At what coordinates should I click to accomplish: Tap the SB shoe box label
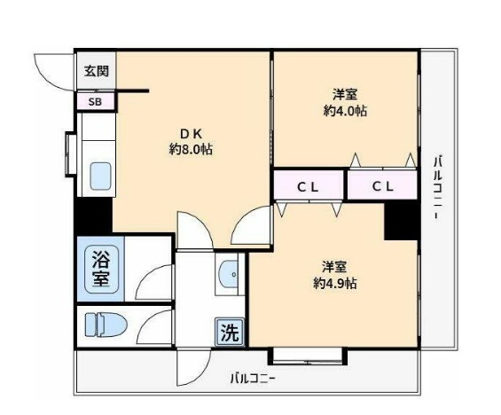tap(94, 101)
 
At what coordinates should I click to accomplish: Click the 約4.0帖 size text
tap(346, 111)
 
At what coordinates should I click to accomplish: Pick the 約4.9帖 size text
tap(334, 284)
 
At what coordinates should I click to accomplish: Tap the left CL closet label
tap(308, 186)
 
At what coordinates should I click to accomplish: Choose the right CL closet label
tap(382, 186)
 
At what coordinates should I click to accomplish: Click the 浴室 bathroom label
tap(98, 269)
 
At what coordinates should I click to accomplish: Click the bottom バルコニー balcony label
tap(253, 379)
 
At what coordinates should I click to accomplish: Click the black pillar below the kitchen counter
tap(93, 215)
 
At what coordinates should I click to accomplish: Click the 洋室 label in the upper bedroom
tap(346, 94)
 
